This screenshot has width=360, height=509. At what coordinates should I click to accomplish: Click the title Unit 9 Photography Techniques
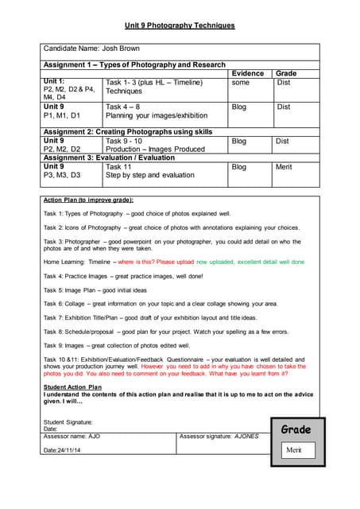(180, 25)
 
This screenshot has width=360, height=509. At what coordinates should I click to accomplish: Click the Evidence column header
(247, 72)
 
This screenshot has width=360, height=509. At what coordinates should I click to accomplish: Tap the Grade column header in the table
(285, 72)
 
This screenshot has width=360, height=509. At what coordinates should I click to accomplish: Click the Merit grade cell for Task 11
(284, 168)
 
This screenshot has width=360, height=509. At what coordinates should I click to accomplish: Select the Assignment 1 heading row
(134, 64)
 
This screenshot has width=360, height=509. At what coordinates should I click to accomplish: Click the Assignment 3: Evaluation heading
(109, 157)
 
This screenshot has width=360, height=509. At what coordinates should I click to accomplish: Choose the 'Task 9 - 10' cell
(125, 141)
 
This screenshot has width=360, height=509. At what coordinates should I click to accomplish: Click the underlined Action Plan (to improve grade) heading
(88, 200)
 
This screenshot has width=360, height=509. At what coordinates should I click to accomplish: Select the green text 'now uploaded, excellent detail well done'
(250, 261)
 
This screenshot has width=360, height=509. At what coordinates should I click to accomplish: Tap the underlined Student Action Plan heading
(72, 387)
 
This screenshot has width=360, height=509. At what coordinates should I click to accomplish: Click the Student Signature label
(68, 422)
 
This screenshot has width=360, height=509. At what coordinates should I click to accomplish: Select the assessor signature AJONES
(246, 437)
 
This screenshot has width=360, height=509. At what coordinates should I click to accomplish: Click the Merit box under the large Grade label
(295, 450)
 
